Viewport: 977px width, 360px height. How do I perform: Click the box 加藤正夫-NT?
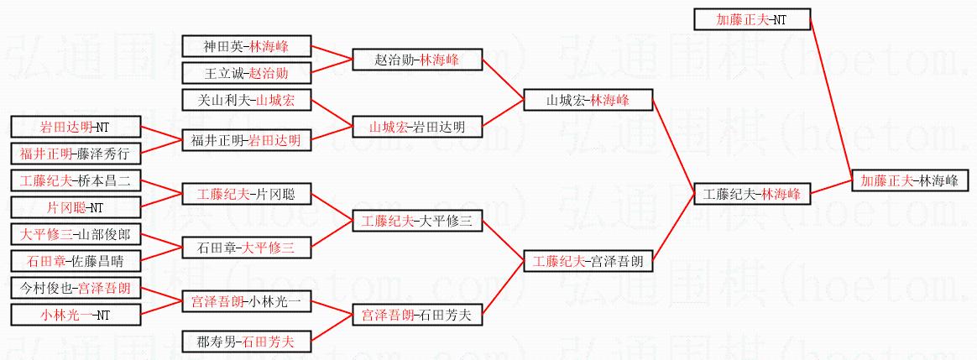(752, 19)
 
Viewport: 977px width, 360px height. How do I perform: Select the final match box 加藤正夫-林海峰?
(910, 180)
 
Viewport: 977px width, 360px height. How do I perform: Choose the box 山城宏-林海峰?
(588, 100)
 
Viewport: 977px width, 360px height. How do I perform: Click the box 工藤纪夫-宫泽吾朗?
(588, 262)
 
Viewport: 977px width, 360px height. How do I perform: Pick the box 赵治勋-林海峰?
(417, 60)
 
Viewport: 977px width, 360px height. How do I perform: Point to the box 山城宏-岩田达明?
(417, 127)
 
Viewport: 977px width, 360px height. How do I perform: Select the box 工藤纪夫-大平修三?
(417, 221)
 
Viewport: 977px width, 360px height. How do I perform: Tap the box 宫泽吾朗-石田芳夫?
(417, 315)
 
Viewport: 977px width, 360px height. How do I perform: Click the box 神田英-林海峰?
(246, 46)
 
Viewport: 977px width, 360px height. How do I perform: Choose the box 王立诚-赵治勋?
(246, 73)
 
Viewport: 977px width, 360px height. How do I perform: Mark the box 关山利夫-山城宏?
(246, 100)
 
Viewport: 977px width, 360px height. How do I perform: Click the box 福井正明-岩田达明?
(246, 141)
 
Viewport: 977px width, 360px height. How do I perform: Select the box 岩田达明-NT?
(76, 127)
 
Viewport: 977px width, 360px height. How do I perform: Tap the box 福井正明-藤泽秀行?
(76, 154)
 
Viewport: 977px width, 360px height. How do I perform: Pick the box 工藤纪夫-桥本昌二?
(76, 181)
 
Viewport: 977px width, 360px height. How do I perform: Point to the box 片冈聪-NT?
(76, 206)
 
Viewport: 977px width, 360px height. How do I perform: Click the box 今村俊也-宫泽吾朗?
(76, 289)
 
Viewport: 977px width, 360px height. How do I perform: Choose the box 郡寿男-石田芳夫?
(246, 342)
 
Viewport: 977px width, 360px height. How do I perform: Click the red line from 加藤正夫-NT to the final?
(831, 100)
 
